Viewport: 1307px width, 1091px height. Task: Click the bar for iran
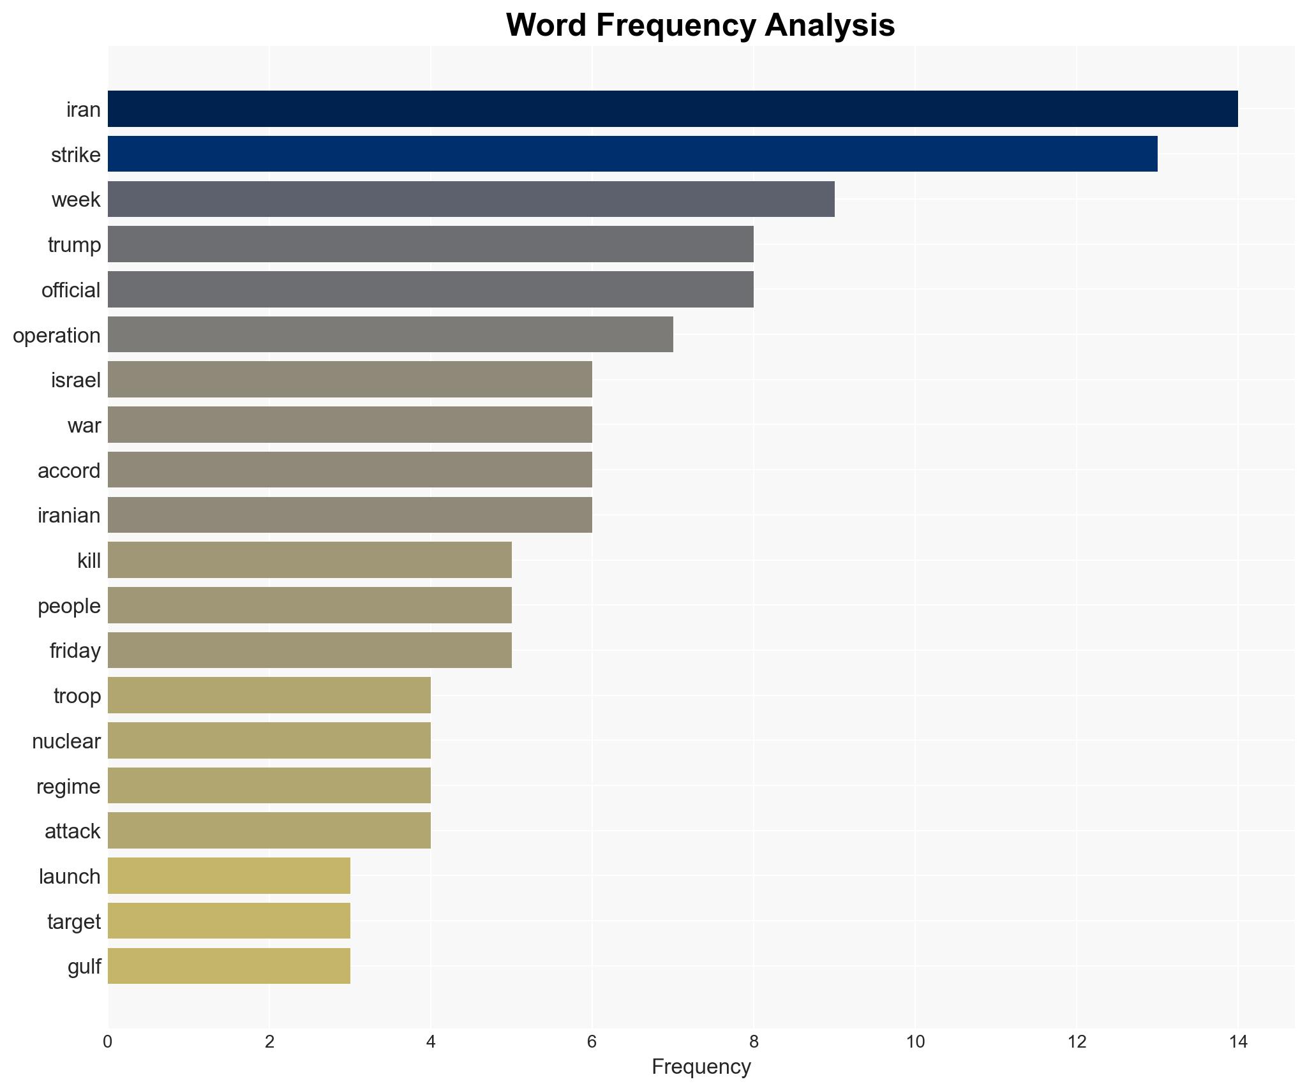(673, 109)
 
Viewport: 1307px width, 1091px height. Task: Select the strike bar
(632, 154)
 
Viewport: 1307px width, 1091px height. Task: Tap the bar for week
(471, 199)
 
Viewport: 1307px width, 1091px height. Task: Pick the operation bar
(390, 334)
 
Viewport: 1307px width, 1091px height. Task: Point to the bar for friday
(310, 650)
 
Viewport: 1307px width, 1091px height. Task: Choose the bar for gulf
(228, 966)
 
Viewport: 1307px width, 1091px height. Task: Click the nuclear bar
(269, 741)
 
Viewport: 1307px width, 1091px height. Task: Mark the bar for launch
(228, 876)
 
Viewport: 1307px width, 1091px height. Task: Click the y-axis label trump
(74, 245)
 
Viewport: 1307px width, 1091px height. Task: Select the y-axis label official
(71, 290)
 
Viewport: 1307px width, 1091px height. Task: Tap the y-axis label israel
(76, 380)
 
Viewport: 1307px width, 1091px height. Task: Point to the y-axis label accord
(69, 471)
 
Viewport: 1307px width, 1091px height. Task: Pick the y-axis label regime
(68, 787)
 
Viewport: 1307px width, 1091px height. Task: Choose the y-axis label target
(74, 922)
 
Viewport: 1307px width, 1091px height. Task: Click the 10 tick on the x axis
(915, 1042)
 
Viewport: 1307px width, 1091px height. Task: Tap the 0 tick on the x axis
(107, 1042)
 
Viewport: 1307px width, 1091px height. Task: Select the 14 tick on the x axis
(1238, 1042)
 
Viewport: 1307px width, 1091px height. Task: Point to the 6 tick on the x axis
(592, 1042)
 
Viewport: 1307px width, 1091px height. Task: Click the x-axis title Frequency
(701, 1067)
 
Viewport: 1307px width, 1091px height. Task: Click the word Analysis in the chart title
(830, 26)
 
